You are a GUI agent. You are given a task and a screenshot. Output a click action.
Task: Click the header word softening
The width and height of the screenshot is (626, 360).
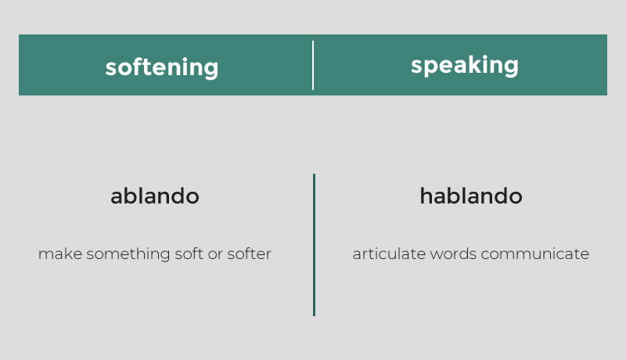click(x=162, y=67)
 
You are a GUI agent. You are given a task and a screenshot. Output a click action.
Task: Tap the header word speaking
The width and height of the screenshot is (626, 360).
click(x=464, y=65)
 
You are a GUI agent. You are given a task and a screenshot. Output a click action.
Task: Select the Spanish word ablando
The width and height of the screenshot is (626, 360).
click(x=155, y=196)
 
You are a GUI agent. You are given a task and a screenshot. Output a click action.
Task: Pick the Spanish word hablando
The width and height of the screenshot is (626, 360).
click(x=471, y=196)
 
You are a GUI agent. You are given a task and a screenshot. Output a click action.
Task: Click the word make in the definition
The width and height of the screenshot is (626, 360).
click(x=60, y=254)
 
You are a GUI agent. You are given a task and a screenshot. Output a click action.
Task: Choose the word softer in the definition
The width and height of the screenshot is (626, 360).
click(x=249, y=254)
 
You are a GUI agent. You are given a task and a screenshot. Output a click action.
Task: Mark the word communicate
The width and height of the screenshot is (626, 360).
click(x=535, y=254)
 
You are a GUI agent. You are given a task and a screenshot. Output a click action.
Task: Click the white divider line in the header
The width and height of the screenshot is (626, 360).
click(x=313, y=65)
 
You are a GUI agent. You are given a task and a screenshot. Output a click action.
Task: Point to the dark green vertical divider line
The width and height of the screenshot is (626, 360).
click(x=315, y=245)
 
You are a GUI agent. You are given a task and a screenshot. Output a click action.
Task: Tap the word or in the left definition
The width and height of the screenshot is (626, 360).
click(x=215, y=255)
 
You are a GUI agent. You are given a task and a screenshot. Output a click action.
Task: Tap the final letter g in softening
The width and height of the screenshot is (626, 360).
click(x=211, y=70)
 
